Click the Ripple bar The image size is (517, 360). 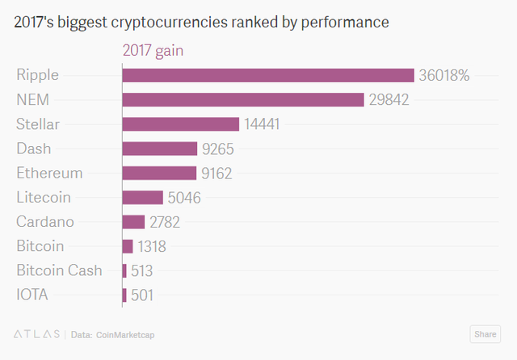pos(267,75)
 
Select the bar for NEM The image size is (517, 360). pos(242,99)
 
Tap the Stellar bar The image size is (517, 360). pos(180,123)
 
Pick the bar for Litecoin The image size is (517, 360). pos(142,197)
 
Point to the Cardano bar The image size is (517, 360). pos(133,221)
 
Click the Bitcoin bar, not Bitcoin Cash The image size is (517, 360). pos(128,245)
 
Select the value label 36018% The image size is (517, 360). pos(443,75)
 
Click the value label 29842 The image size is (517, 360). pos(390,99)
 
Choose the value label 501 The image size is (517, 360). pos(141,295)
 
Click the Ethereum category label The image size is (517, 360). pos(49,173)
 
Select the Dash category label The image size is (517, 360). pos(33,149)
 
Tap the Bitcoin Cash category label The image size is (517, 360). pos(59,270)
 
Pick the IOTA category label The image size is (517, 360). pos(32,295)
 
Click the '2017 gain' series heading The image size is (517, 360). pos(153,50)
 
